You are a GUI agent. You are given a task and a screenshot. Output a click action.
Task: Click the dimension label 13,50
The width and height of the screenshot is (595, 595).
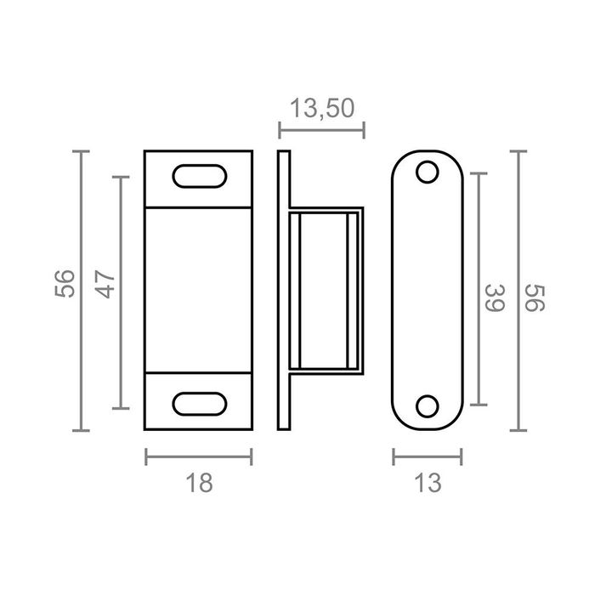[322, 109]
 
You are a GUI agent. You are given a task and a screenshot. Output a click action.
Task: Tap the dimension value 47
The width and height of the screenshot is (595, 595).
[105, 284]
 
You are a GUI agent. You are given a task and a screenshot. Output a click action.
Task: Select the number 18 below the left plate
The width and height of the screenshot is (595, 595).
[199, 483]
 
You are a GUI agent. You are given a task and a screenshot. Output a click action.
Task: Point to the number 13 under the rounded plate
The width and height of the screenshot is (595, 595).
[428, 483]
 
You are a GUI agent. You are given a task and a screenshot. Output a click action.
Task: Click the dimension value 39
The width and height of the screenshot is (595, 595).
[495, 297]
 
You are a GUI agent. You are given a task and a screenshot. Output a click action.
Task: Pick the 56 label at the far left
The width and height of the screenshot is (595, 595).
[65, 283]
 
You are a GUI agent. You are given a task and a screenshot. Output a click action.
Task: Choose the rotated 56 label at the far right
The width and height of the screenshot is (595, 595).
[535, 298]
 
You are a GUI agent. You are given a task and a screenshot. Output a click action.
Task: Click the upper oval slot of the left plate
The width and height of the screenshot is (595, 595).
[200, 176]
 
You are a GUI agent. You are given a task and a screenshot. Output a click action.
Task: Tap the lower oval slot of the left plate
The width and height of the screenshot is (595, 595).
[200, 404]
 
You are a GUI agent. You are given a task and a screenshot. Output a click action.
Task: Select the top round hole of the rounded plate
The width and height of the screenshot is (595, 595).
[428, 172]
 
